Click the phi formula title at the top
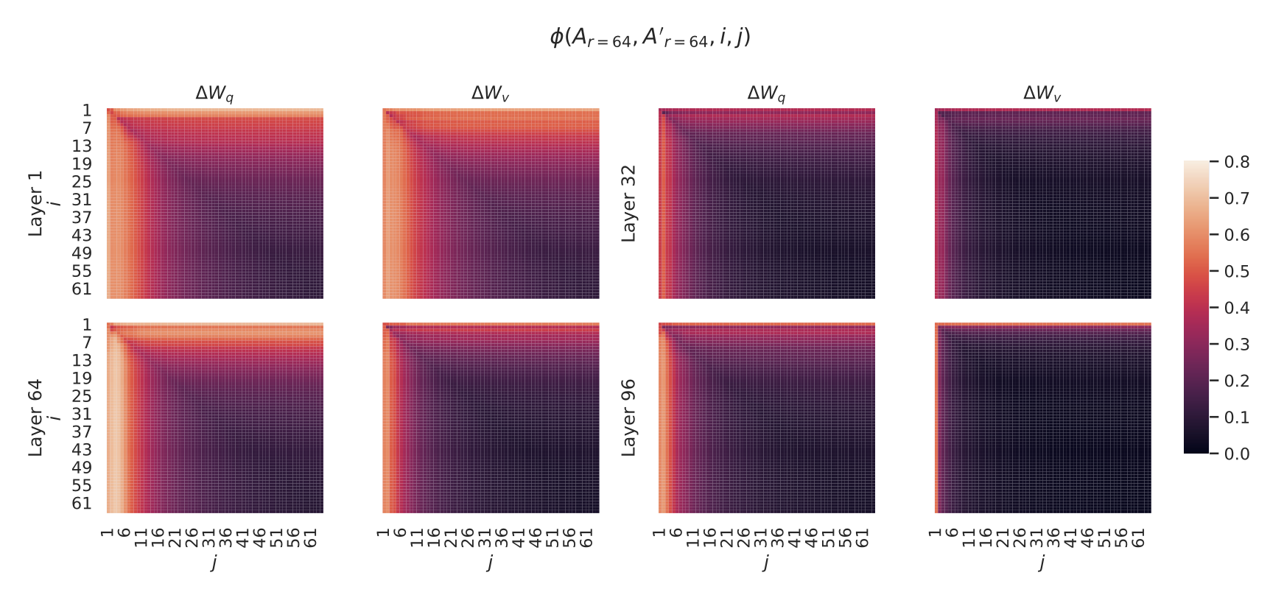[x=650, y=38]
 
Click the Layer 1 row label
[x=35, y=203]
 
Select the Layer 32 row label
[x=628, y=203]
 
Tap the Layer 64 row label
[x=35, y=417]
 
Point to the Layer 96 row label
[x=628, y=417]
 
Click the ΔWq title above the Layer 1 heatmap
[x=214, y=94]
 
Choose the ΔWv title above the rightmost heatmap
[x=1042, y=94]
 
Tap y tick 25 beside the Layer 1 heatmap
[x=82, y=182]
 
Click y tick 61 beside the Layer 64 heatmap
[x=82, y=504]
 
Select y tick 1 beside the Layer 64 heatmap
[x=87, y=325]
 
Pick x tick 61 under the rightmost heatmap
[x=1139, y=538]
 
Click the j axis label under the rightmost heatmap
[x=1042, y=563]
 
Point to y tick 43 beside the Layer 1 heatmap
[x=82, y=236]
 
